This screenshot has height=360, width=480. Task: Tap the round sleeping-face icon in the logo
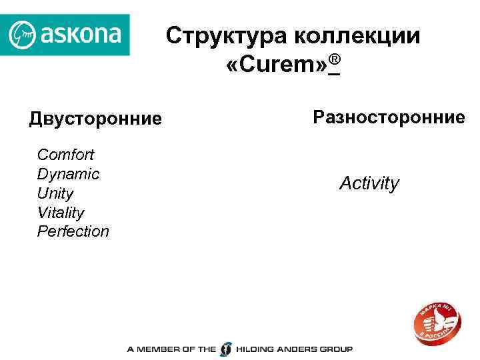pos(23,34)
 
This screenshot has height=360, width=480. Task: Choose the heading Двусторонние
pos(95,119)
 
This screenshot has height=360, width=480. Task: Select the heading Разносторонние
pos(389,117)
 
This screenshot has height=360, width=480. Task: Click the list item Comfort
pos(66,155)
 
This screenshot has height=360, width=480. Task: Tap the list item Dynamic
pos(68,174)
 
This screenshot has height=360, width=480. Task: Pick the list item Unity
pos(55,193)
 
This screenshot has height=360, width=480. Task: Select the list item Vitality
pos(61,213)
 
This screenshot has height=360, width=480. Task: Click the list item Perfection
pos(73,231)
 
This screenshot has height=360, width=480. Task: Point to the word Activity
pos(369,183)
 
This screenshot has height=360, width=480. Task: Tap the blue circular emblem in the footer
pos(227,349)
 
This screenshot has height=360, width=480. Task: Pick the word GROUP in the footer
pos(335,349)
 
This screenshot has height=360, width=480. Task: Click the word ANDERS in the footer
pos(297,349)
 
